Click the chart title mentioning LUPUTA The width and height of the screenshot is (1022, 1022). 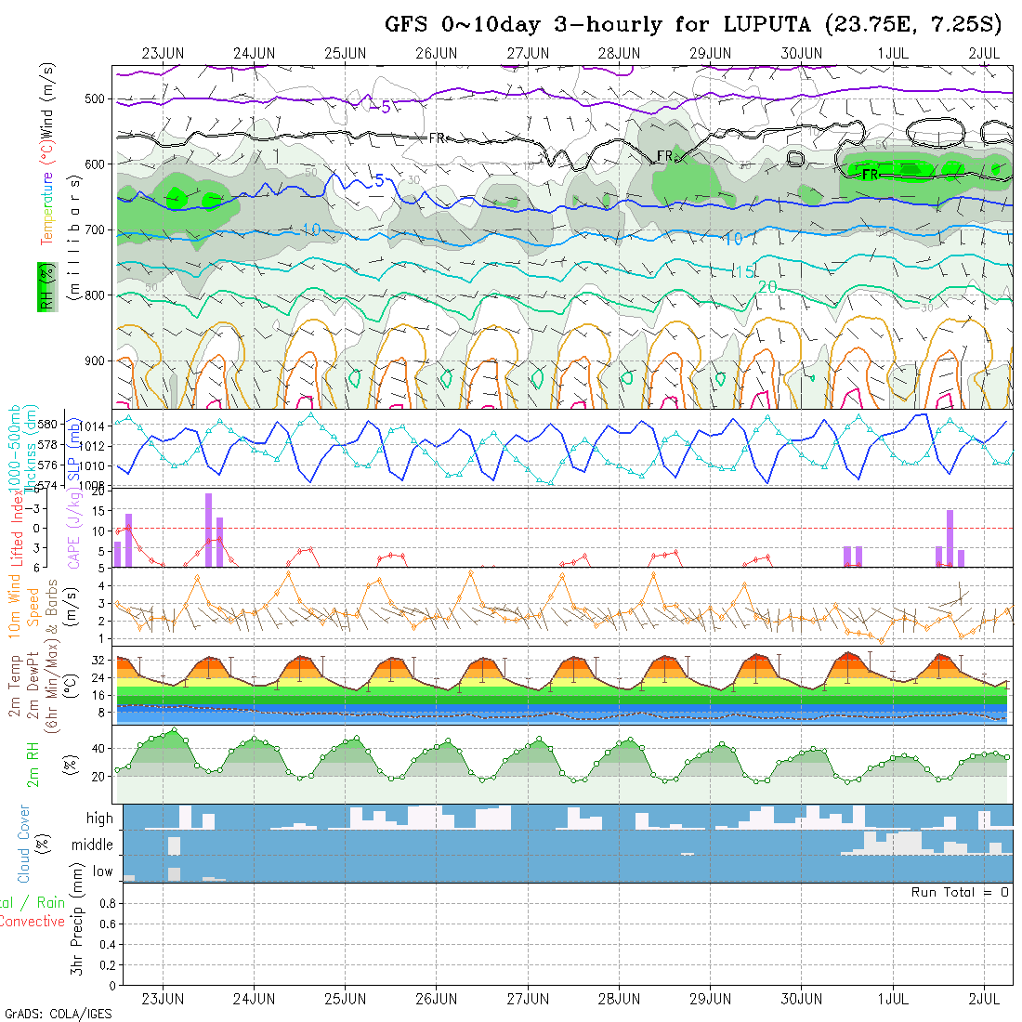pos(692,24)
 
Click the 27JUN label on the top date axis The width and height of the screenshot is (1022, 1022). pos(528,53)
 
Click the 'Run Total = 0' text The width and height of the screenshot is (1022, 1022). pos(960,892)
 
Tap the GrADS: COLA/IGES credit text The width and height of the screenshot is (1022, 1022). pos(58,1014)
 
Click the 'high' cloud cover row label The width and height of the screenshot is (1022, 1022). pos(99,819)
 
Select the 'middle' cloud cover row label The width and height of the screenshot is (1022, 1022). pos(93,845)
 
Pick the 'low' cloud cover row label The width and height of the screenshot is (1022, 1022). pos(102,871)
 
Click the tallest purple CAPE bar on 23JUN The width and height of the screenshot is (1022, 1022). pos(209,530)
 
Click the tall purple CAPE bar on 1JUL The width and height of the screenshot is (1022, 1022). pos(950,538)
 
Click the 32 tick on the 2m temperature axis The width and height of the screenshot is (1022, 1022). pos(97,661)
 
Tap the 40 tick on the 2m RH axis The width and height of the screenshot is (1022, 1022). pos(97,748)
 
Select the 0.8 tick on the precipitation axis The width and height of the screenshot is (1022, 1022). pos(106,903)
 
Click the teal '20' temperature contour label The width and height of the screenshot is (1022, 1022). pos(767,288)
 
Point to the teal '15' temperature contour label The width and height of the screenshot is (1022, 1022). pos(743,271)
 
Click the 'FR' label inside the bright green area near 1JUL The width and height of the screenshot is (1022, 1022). pos(871,174)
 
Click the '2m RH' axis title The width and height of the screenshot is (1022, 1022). pos(33,764)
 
